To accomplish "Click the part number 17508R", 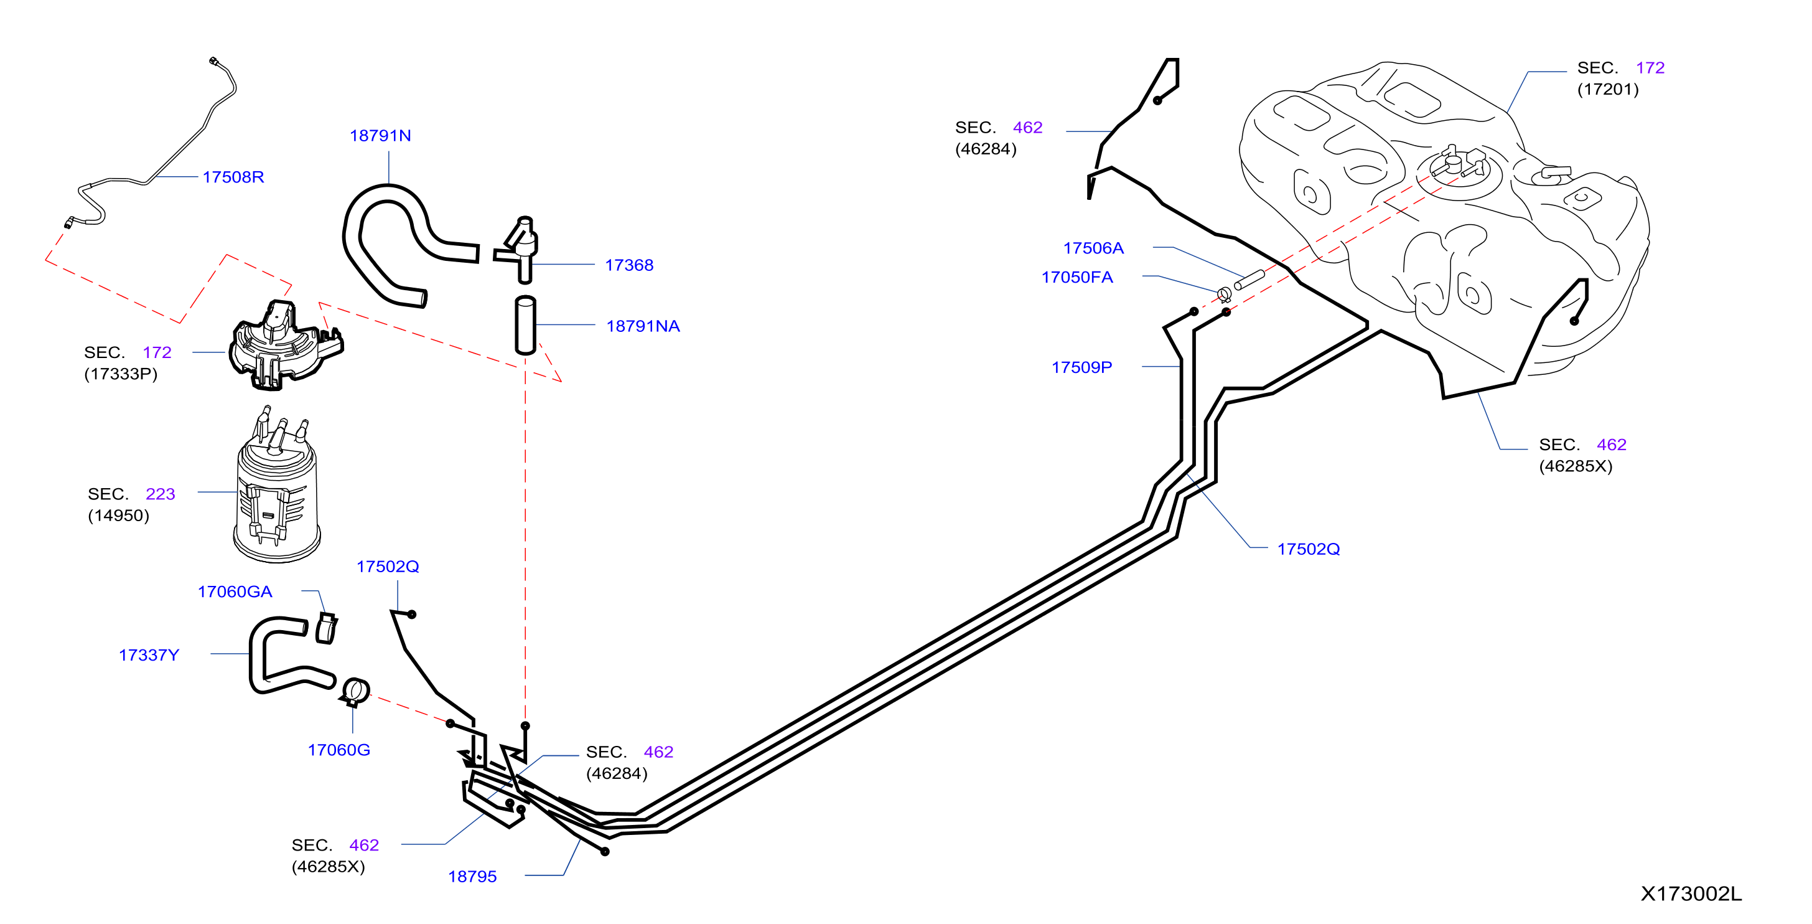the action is [233, 177].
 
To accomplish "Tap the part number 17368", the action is [629, 265].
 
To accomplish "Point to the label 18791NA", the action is [643, 326].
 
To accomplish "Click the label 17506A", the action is [1093, 248].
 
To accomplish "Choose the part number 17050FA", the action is [1077, 276].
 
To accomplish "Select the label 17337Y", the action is [149, 654].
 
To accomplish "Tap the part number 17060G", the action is [339, 750].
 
